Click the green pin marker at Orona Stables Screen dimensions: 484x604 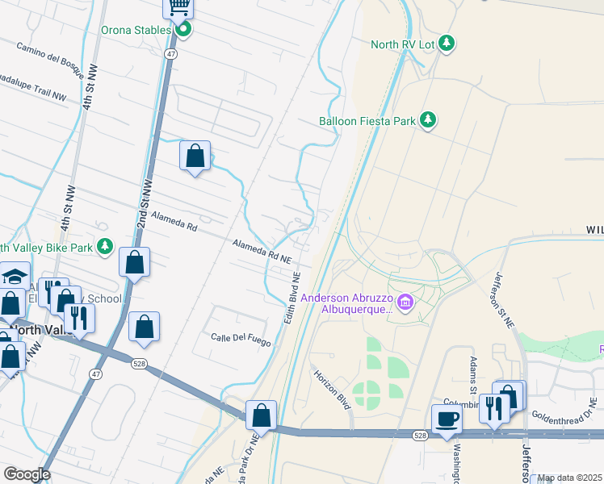pos(183,30)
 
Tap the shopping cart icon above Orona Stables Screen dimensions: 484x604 pos(178,7)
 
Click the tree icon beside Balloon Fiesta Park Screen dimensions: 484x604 pos(428,121)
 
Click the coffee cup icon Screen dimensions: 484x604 pos(447,419)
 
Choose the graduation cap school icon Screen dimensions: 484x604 pos(15,276)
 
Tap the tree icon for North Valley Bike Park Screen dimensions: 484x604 pos(104,247)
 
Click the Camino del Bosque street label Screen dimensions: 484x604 pos(49,57)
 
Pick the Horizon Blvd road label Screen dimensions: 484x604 pos(332,388)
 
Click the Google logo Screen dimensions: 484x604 pos(27,474)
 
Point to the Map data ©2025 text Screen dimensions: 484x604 pos(569,478)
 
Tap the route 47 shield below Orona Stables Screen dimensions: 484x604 pos(171,53)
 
